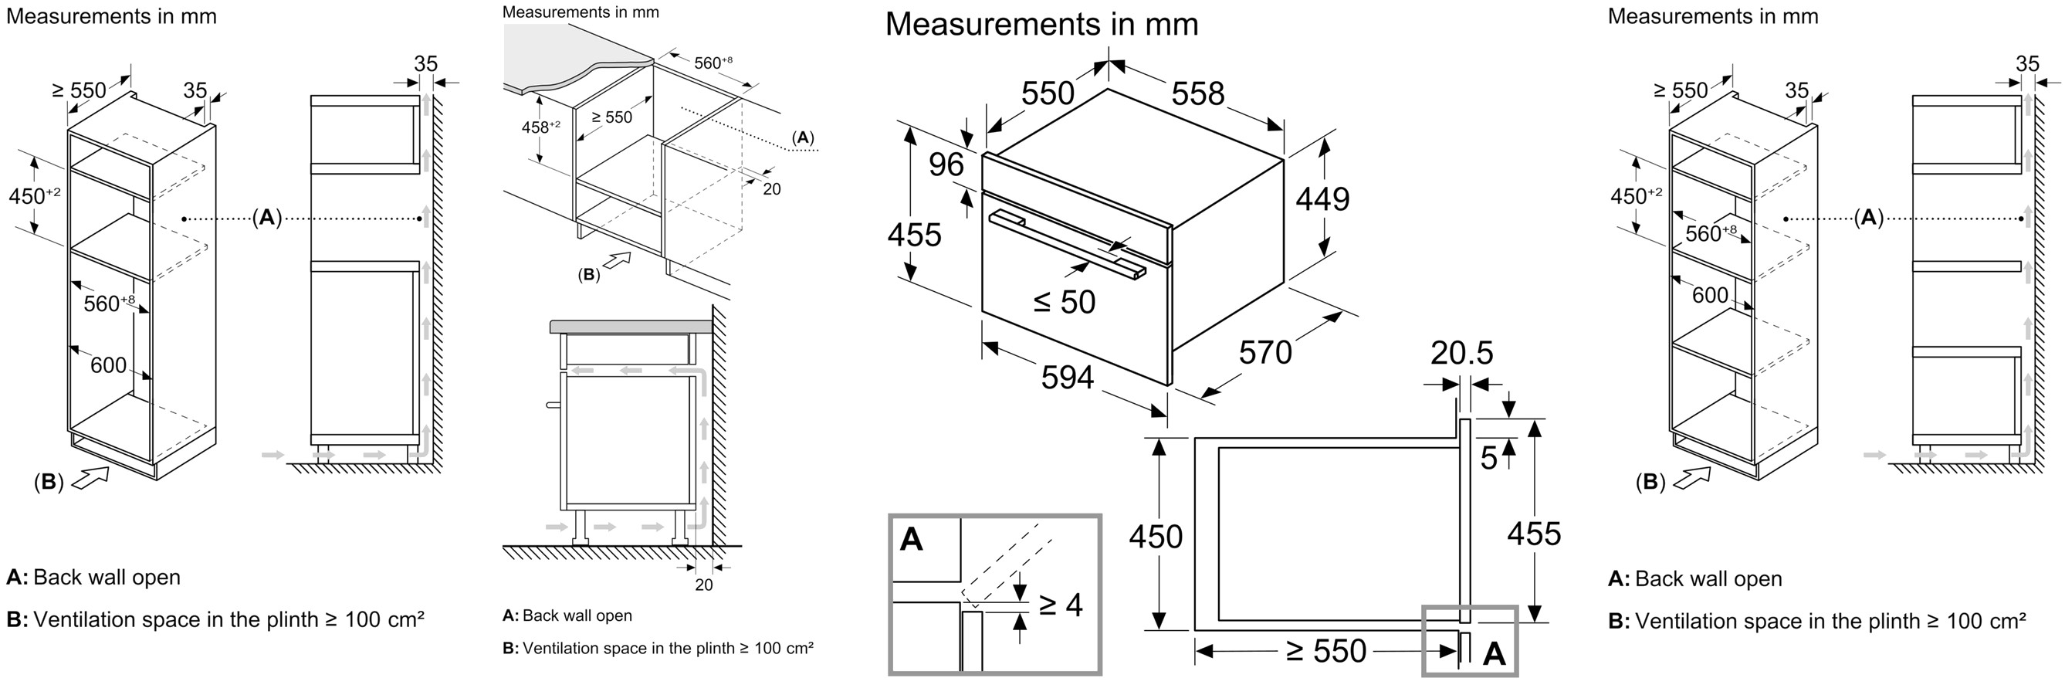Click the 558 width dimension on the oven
1197,93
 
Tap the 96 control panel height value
946,164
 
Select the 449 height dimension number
1322,198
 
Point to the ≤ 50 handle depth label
1064,301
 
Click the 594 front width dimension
1068,377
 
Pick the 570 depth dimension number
1266,352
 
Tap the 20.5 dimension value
1462,353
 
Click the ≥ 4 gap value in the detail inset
1061,605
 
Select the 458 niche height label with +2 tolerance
541,127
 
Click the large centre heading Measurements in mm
1041,24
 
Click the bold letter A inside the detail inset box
912,539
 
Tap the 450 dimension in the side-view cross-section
1155,536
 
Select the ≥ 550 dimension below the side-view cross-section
1326,651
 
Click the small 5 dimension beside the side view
1488,458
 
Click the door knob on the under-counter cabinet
551,405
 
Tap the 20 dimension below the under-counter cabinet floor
704,585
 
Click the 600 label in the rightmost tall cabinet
1710,295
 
